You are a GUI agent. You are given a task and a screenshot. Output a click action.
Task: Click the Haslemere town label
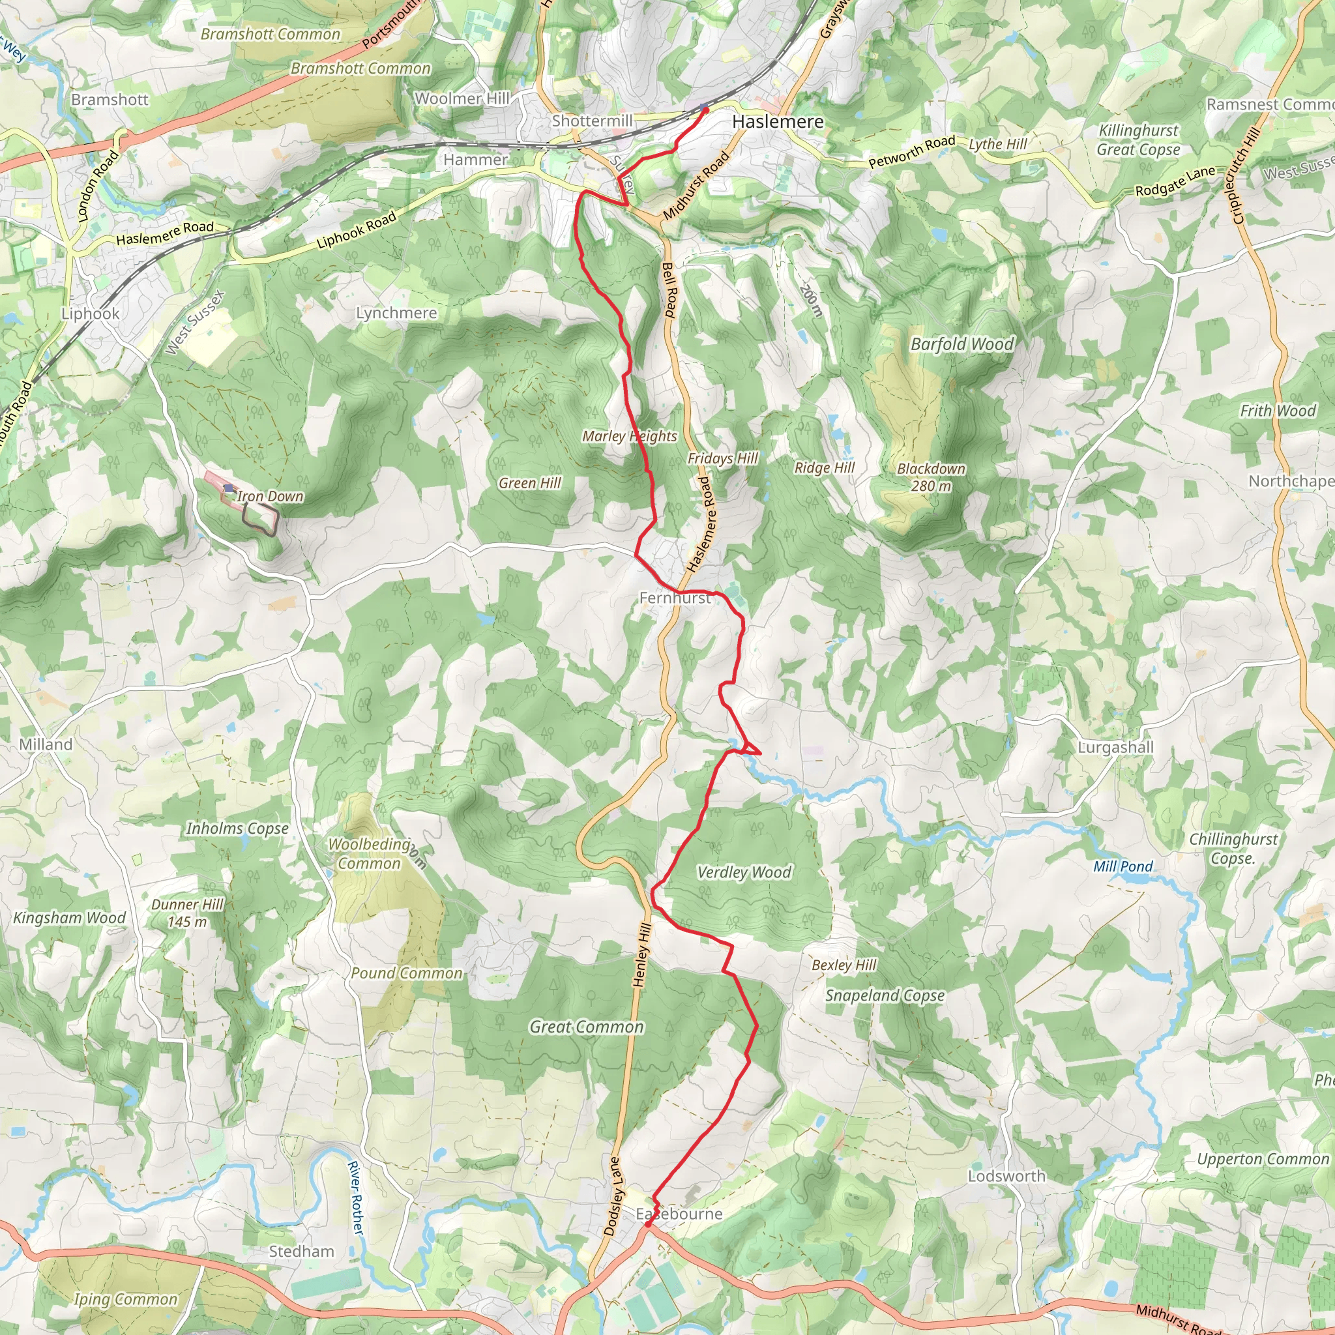pyautogui.click(x=778, y=122)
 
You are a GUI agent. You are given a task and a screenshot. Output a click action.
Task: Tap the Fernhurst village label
pyautogui.click(x=675, y=598)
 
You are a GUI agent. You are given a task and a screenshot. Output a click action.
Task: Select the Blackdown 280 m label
pyautogui.click(x=931, y=477)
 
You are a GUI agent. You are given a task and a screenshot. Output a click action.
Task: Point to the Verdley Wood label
pyautogui.click(x=744, y=873)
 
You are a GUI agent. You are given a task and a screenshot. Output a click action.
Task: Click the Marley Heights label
pyautogui.click(x=629, y=436)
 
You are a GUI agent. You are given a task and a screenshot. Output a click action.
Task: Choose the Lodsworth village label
pyautogui.click(x=1006, y=1176)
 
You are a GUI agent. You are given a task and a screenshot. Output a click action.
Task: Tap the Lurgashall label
pyautogui.click(x=1115, y=748)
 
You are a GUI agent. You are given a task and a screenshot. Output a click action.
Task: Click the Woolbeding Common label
pyautogui.click(x=369, y=854)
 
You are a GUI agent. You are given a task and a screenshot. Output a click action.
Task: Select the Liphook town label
pyautogui.click(x=91, y=314)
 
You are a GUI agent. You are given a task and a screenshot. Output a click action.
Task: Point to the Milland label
pyautogui.click(x=46, y=745)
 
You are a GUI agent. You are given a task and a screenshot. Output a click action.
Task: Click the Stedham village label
pyautogui.click(x=301, y=1252)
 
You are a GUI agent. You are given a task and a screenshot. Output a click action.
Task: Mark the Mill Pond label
pyautogui.click(x=1123, y=866)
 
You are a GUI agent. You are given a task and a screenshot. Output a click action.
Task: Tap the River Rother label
pyautogui.click(x=355, y=1198)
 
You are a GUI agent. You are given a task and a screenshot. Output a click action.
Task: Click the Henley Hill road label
pyautogui.click(x=642, y=954)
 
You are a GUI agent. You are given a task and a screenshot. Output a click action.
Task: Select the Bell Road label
pyautogui.click(x=668, y=290)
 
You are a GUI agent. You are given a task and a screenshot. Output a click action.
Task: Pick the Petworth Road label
pyautogui.click(x=911, y=152)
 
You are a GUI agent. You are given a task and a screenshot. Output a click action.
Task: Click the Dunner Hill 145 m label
pyautogui.click(x=187, y=913)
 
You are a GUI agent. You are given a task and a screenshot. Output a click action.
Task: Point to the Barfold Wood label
pyautogui.click(x=962, y=344)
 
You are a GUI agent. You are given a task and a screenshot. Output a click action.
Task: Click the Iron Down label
pyautogui.click(x=269, y=496)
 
